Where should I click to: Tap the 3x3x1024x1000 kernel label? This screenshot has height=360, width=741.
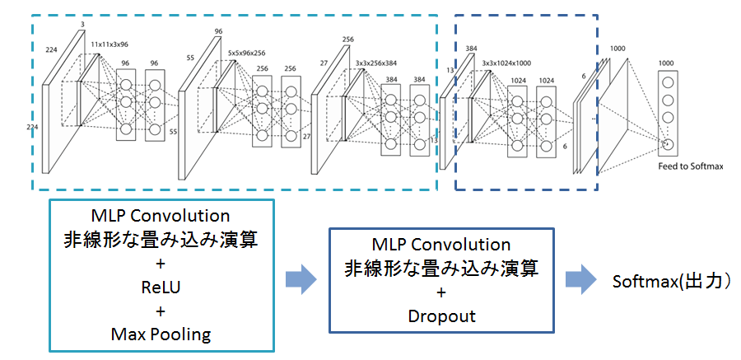coord(507,62)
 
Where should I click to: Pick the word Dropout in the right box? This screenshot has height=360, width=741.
coord(440,315)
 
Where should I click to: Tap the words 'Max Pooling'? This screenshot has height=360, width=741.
coord(161,334)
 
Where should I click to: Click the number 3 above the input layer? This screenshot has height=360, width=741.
coord(82,25)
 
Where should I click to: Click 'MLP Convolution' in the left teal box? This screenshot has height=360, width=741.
coord(161,217)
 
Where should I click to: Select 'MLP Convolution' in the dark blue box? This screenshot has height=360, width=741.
coord(440,245)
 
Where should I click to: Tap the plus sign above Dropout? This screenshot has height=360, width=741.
coord(440,292)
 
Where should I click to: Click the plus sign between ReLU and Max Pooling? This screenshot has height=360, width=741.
coord(161,311)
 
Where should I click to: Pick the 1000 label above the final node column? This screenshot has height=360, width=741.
coord(668,63)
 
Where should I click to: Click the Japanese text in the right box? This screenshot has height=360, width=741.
coord(440,268)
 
